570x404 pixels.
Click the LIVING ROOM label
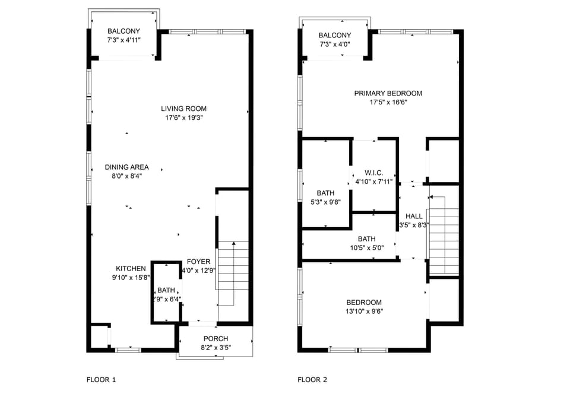click(183, 109)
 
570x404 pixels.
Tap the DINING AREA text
click(126, 167)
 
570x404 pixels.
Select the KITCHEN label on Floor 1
click(131, 269)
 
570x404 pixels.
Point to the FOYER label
click(198, 262)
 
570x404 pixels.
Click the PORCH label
click(216, 339)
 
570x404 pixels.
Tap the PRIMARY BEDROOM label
click(388, 93)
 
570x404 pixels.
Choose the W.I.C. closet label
click(373, 173)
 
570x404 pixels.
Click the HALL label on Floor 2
click(414, 216)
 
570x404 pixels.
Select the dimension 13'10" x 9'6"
click(364, 311)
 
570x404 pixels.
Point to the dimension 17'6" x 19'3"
click(183, 117)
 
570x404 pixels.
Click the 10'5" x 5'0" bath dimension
click(367, 248)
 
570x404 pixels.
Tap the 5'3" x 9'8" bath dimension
click(325, 202)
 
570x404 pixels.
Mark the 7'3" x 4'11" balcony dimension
click(123, 40)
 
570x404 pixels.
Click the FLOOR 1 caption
click(101, 380)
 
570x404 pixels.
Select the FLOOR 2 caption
click(312, 380)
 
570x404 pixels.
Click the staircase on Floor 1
click(233, 274)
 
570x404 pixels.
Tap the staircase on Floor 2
click(444, 236)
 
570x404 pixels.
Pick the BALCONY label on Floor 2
click(335, 35)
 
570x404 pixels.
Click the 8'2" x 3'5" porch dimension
click(216, 348)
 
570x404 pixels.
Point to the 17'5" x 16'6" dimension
click(388, 103)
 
